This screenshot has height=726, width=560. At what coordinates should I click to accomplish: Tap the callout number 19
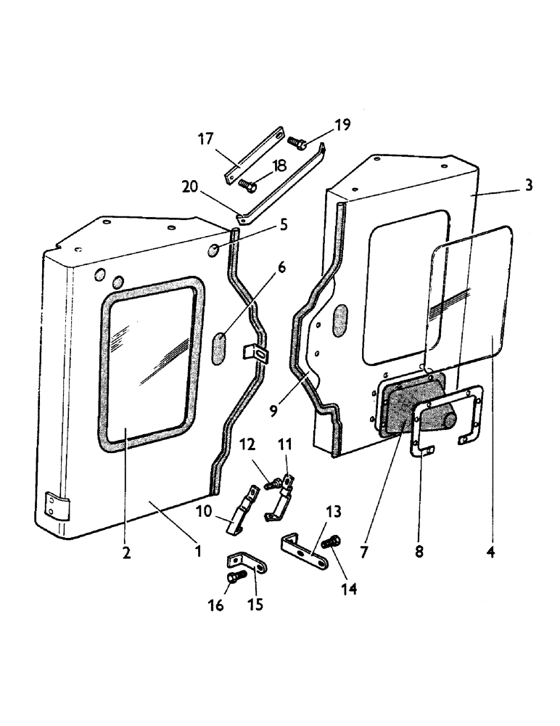tap(342, 124)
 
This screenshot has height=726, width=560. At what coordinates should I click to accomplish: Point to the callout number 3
tap(529, 186)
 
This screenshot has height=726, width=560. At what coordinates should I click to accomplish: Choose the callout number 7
tap(363, 552)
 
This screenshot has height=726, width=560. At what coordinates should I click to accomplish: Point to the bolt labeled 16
tap(234, 579)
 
